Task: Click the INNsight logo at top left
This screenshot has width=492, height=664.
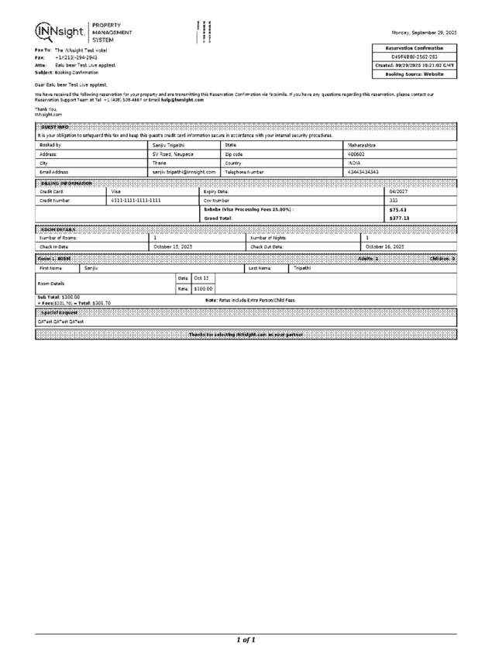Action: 60,31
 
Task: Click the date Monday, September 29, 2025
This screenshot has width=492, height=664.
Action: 424,33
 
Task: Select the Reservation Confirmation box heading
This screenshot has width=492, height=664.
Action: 414,48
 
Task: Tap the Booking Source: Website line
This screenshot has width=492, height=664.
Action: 414,74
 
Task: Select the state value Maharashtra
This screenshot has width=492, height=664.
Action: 361,145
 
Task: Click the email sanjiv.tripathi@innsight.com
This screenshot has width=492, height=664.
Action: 182,172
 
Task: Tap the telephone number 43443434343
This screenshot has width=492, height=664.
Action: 363,172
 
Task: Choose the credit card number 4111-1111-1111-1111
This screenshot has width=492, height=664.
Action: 136,200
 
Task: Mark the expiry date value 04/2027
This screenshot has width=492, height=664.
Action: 398,191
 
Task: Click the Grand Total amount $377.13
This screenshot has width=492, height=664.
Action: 399,218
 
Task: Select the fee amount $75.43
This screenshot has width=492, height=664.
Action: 397,209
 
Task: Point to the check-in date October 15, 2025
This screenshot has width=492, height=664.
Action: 172,246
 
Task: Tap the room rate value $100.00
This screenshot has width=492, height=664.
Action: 203,288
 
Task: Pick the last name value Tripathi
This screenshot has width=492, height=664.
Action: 301,267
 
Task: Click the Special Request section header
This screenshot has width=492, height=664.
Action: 54,311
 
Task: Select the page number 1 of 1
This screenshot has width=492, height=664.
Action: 246,640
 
